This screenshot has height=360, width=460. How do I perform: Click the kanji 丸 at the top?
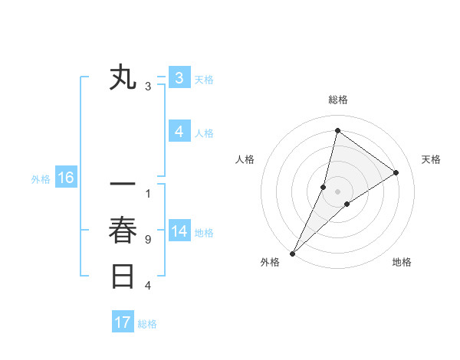123,78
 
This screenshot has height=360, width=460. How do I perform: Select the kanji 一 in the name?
123,185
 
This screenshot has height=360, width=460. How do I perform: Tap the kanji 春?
123,231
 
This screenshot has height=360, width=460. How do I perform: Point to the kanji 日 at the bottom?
123,276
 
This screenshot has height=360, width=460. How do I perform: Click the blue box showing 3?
179,78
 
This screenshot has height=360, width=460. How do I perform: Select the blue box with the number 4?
179,132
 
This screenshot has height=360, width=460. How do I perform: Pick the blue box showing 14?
179,231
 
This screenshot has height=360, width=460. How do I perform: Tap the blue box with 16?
65,178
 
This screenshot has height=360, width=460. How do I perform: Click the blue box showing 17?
123,322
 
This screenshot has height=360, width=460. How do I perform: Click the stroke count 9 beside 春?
148,240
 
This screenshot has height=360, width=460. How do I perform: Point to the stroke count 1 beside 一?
148,194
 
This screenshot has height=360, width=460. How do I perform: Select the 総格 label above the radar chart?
337,100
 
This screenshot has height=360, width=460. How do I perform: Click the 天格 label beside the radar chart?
431,159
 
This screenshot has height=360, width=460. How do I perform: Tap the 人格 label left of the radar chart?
245,159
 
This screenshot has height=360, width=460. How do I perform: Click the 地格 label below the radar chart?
402,262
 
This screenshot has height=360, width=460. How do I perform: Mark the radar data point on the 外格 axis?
292,253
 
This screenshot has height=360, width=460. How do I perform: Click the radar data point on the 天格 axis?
396,172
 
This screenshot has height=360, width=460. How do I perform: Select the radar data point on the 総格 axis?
337,130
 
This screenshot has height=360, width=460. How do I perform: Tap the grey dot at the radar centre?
337,191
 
